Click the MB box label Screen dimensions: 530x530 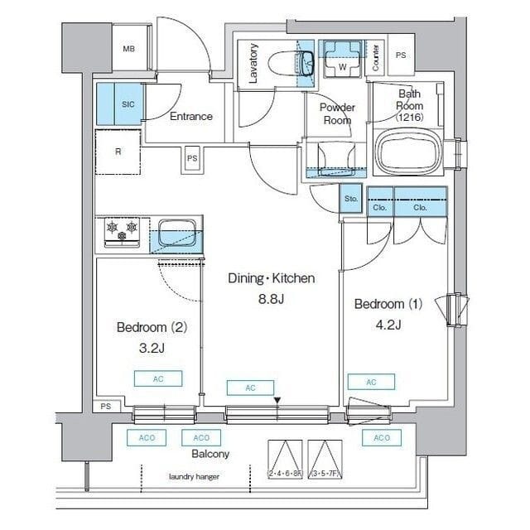pos(129,49)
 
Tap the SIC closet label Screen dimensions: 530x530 pos(128,104)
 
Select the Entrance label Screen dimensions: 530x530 pos(191,117)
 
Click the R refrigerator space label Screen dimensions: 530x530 pos(119,152)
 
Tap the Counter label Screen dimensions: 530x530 pos(376,56)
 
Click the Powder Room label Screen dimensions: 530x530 pos(338,113)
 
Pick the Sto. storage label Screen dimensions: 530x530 pos(350,200)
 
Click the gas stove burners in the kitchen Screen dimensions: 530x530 pos(122,231)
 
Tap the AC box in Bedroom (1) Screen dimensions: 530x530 pos(370,382)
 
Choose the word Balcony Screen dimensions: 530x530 pos(210,455)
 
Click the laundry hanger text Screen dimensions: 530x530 pos(194,477)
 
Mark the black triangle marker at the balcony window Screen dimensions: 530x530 pos(277,402)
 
